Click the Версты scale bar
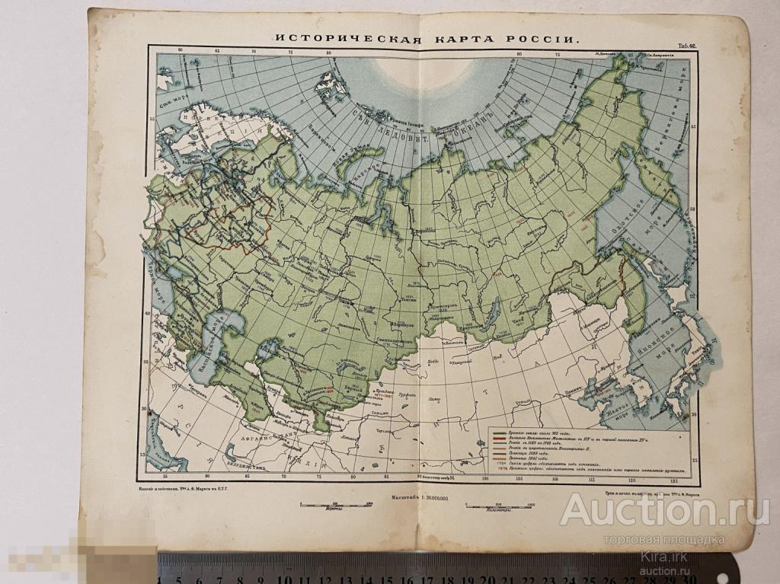332,504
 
